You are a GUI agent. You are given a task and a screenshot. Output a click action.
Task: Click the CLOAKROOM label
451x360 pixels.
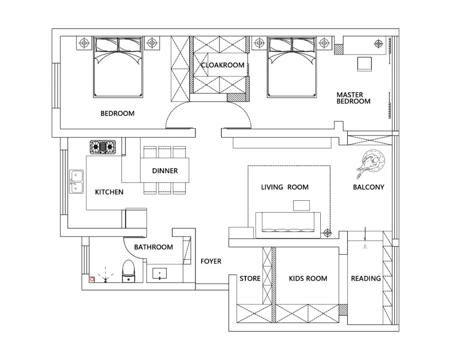(223, 65)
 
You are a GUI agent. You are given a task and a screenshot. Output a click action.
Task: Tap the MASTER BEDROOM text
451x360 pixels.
(354, 98)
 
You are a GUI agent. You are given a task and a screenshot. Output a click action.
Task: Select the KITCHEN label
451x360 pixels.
(109, 192)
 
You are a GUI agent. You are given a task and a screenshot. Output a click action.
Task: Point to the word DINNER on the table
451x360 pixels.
(165, 171)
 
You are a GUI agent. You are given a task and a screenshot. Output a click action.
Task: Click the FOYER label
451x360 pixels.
(211, 261)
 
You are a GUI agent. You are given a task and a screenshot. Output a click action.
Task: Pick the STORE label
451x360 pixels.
(250, 278)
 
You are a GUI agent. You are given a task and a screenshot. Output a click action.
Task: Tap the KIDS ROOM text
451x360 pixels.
(308, 278)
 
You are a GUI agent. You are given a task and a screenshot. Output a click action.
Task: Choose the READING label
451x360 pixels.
(366, 278)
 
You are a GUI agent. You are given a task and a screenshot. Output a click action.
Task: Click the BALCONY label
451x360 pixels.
(369, 187)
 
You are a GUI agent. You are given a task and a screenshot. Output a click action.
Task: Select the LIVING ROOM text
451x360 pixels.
(285, 187)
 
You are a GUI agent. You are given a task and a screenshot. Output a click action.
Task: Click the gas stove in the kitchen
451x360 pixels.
(103, 147)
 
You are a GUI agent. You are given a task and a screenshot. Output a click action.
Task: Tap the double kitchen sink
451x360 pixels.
(76, 181)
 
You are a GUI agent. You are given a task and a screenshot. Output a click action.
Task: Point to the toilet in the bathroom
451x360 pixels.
(128, 271)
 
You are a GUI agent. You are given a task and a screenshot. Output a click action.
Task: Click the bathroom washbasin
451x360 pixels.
(160, 274)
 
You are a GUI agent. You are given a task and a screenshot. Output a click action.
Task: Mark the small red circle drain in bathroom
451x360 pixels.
(92, 279)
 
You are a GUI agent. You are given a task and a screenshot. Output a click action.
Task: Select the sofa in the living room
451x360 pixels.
(288, 225)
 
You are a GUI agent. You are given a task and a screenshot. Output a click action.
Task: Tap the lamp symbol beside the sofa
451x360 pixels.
(327, 233)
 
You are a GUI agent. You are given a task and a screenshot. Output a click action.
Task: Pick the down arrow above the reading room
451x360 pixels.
(365, 234)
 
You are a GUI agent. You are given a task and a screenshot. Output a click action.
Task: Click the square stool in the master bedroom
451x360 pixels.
(365, 64)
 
